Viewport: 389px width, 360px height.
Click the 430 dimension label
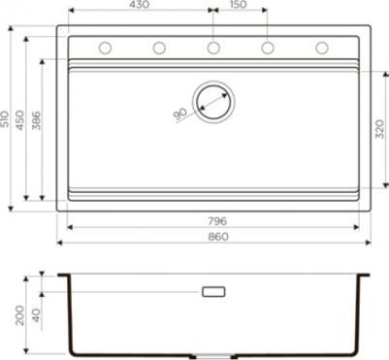point(140,5)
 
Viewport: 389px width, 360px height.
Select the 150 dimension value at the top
point(238,5)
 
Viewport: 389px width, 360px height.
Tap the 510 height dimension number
point(5,119)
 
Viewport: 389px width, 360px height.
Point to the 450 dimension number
point(20,119)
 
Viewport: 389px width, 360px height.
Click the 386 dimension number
point(36,120)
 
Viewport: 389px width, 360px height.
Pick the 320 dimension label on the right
point(380,129)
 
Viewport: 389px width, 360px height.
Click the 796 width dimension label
point(217,221)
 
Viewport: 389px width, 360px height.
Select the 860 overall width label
point(218,237)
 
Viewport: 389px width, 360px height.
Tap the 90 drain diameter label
point(180,114)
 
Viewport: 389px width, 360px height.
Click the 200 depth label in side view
point(20,315)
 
